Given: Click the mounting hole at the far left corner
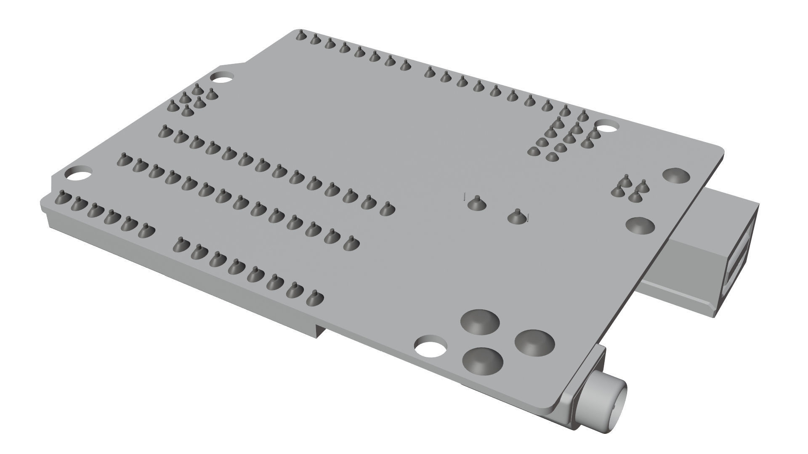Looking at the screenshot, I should [x=78, y=173].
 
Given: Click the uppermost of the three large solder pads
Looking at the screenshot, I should [x=480, y=322].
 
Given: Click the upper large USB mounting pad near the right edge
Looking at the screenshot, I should [x=676, y=176].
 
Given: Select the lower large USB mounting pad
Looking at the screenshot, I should [x=640, y=226].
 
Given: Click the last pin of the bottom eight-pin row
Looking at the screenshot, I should [x=314, y=298].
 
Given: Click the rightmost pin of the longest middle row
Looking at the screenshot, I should [x=386, y=208].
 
